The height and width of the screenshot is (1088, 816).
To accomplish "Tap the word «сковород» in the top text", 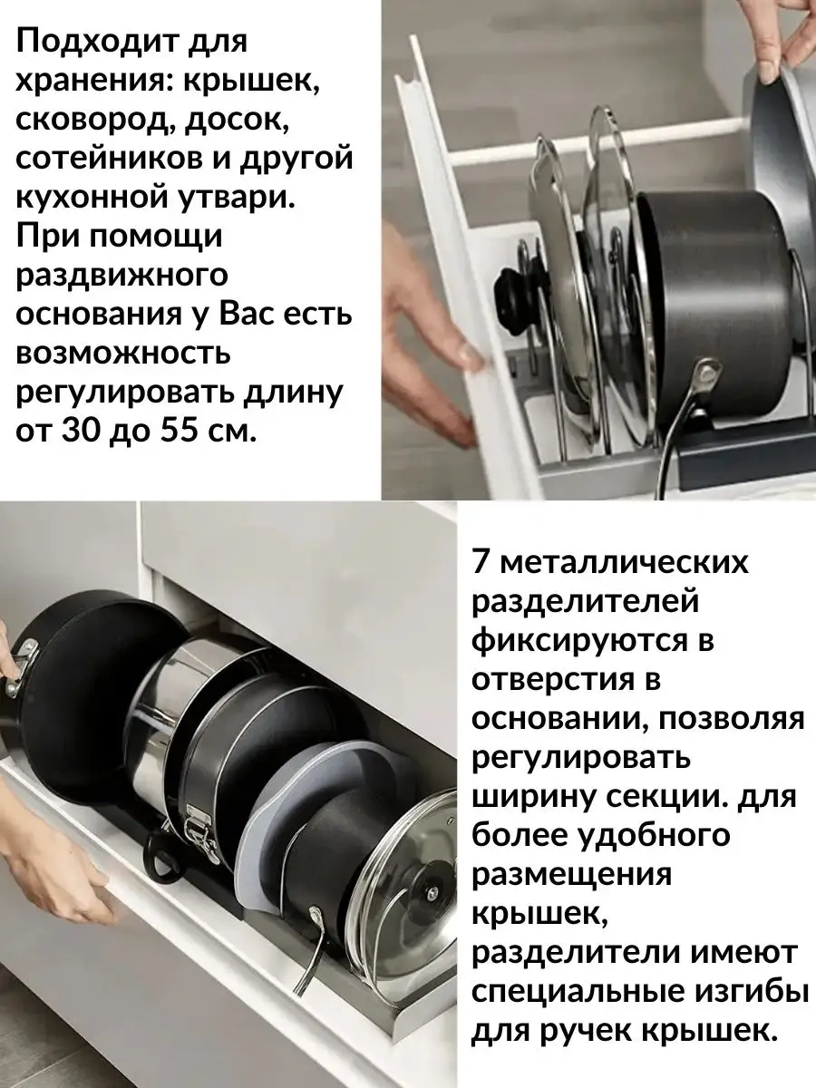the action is pyautogui.click(x=92, y=121).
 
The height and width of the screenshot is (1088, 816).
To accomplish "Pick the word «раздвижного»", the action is pyautogui.click(x=121, y=276).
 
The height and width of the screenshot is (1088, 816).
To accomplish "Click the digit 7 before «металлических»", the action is pyautogui.click(x=481, y=563).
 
